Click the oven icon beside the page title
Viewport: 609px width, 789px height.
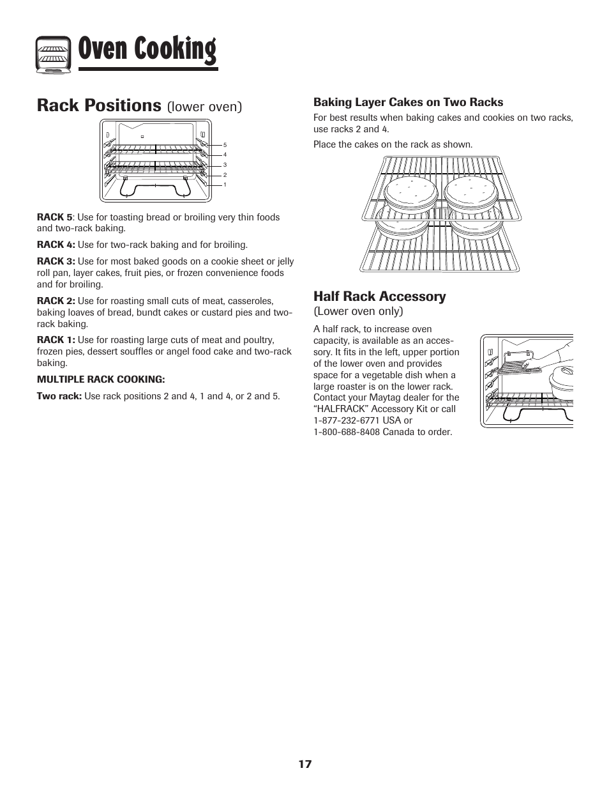click(x=53, y=53)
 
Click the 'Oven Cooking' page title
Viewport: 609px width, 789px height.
click(x=147, y=50)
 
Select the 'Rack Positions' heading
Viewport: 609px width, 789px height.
click(x=99, y=105)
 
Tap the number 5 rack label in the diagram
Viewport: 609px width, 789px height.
click(x=225, y=146)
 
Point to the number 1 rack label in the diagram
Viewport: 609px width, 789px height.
click(x=225, y=185)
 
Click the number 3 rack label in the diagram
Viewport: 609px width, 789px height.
click(x=225, y=165)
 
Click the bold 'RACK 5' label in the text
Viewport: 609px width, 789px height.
click(x=54, y=217)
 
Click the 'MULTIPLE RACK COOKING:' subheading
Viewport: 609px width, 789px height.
click(x=101, y=379)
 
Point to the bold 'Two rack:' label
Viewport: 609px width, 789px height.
click(x=59, y=396)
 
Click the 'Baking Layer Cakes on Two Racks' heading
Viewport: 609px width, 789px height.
click(x=408, y=102)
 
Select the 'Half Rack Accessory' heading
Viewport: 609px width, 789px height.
click(x=379, y=296)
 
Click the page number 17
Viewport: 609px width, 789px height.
click(x=304, y=764)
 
